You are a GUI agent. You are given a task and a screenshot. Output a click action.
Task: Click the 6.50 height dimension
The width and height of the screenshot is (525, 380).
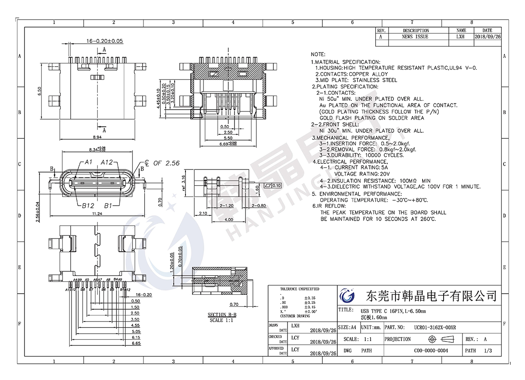[x=40, y=91]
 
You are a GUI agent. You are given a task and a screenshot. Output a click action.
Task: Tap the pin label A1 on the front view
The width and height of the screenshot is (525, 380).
[x=88, y=162]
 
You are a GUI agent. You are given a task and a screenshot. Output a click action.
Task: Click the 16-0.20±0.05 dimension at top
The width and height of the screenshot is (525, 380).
[x=105, y=41]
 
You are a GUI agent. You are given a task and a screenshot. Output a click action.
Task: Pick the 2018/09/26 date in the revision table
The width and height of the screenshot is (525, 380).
[x=487, y=37]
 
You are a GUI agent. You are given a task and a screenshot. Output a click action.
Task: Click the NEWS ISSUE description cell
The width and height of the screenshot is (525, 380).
[x=415, y=37]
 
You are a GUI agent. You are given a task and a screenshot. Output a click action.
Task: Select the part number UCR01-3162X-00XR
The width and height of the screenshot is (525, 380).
[x=435, y=327]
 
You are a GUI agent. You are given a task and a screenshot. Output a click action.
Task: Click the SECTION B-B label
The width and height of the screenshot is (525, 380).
[x=222, y=314]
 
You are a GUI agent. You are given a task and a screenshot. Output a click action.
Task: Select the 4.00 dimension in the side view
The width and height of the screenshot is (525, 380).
[x=229, y=220]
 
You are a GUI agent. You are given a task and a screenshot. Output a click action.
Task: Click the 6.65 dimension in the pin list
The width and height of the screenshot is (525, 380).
[x=136, y=344]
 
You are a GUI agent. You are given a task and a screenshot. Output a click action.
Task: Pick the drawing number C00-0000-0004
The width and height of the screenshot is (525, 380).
[x=431, y=350]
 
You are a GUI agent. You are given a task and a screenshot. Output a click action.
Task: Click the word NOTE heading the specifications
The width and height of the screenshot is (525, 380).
[x=318, y=55]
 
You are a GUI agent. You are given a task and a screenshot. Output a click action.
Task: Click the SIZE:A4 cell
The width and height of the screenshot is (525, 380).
[x=348, y=327]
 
